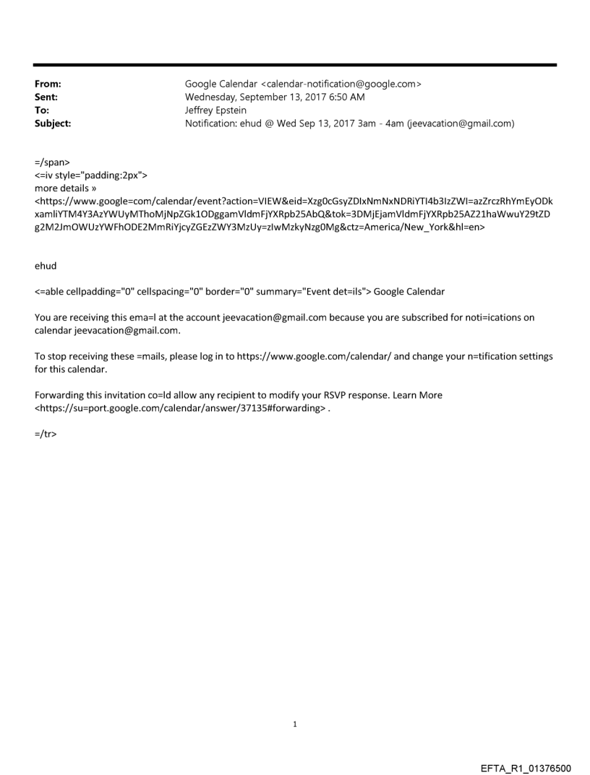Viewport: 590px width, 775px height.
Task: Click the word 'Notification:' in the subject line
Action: [214, 124]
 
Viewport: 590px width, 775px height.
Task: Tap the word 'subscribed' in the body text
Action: [415, 317]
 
